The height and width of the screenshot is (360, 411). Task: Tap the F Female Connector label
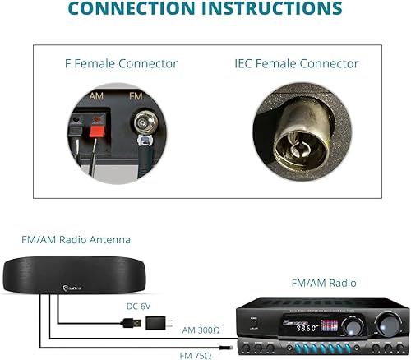[121, 63]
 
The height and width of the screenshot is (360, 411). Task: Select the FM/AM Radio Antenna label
[76, 240]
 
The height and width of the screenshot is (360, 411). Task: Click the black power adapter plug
[158, 323]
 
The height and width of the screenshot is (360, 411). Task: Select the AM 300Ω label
[201, 330]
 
